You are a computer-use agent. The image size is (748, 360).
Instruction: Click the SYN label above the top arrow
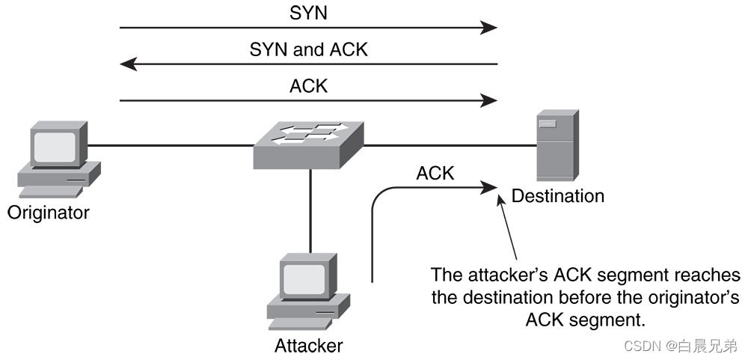[x=308, y=13]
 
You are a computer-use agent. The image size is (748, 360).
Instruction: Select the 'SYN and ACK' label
[x=308, y=50]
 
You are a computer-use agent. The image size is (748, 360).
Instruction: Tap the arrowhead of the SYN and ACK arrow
[x=129, y=64]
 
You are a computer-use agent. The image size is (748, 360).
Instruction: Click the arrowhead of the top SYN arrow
[x=489, y=28]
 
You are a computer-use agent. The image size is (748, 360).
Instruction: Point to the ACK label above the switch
[x=308, y=86]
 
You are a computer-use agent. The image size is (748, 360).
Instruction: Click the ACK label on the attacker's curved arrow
[x=435, y=173]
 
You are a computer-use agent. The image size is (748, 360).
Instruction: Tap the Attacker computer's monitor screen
[x=302, y=277]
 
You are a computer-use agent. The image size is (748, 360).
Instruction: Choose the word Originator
[x=48, y=213]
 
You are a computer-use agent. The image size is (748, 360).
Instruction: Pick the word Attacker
[x=308, y=345]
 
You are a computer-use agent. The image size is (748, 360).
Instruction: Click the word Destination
[x=557, y=196]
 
